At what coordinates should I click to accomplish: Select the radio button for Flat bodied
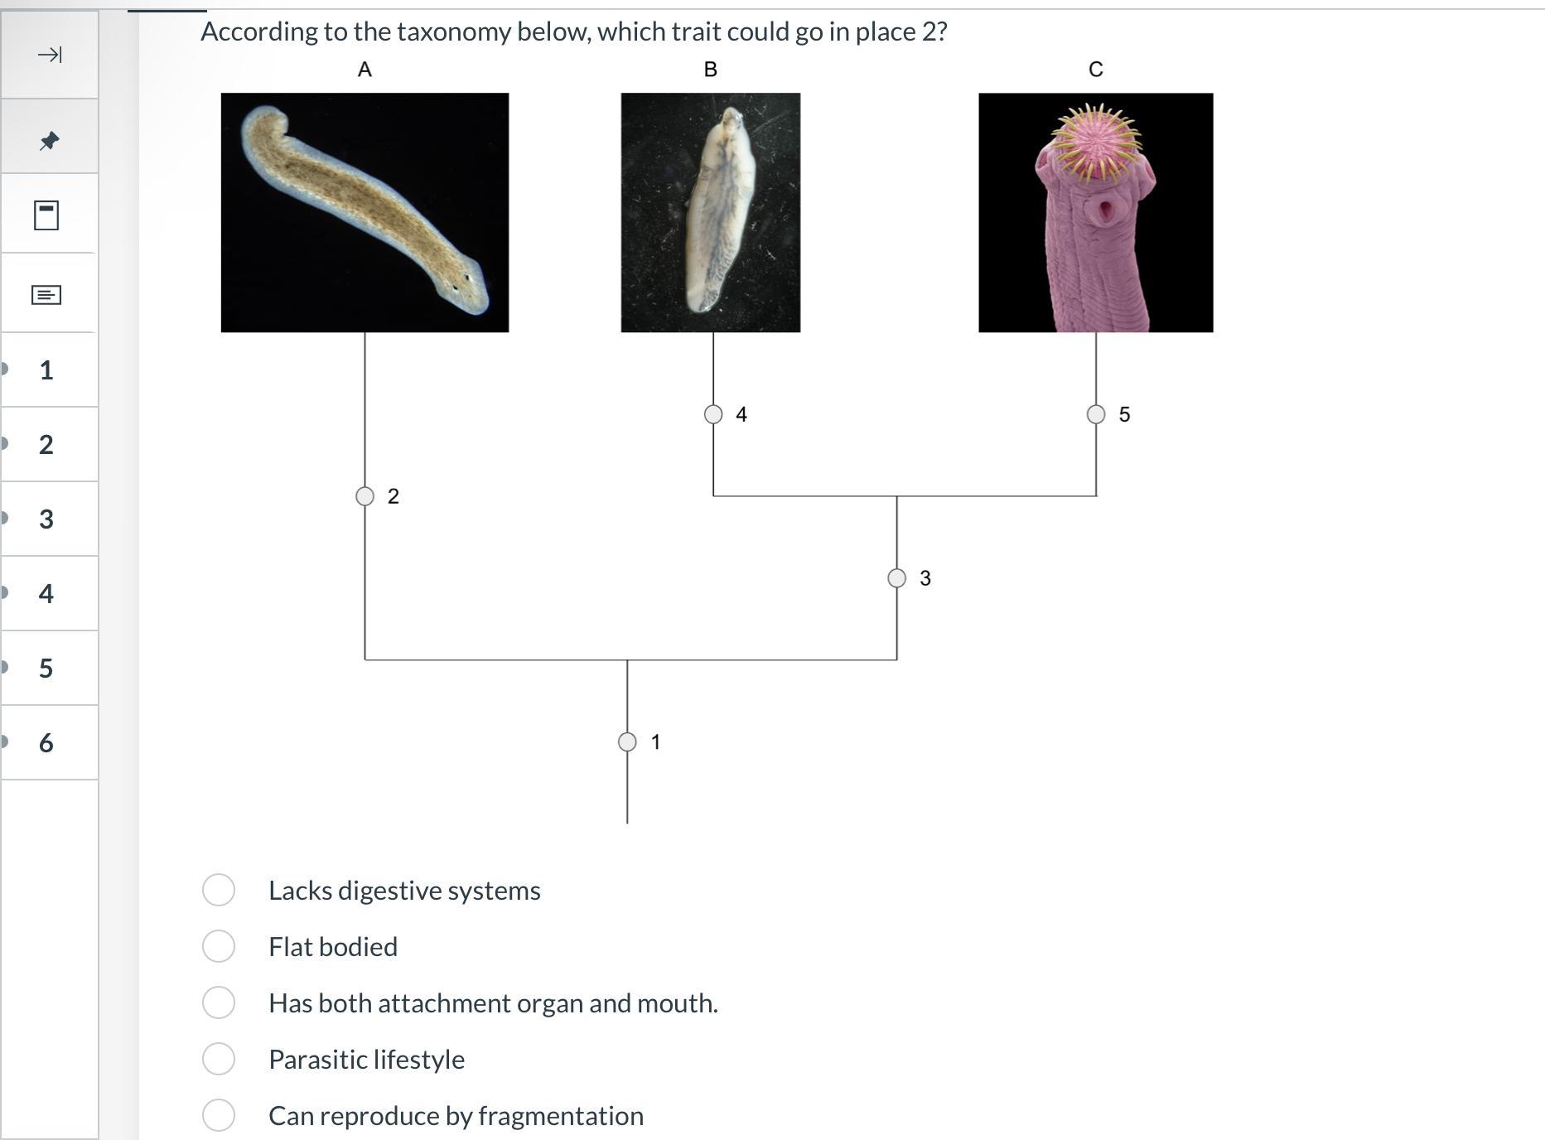pos(219,946)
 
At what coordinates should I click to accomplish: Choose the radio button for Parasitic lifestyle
pos(219,1059)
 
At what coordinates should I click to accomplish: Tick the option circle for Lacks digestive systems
pos(219,890)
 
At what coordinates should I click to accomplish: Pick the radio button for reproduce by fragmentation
pos(219,1115)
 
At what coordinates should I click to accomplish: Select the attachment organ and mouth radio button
pos(219,1002)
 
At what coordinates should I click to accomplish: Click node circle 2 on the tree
pos(365,496)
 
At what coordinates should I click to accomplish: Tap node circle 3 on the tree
pos(896,578)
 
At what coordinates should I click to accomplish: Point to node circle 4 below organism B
pos(713,414)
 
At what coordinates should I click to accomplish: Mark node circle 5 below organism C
pos(1096,414)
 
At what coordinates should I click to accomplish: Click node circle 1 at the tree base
pos(627,741)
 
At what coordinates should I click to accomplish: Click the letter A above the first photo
pos(365,70)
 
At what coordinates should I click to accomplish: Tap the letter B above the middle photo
pos(710,70)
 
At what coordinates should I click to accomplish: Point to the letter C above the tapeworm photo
pos(1095,70)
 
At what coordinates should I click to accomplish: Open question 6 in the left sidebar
pos(46,742)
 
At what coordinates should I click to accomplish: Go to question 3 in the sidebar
pos(46,519)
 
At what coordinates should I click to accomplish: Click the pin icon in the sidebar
pos(49,140)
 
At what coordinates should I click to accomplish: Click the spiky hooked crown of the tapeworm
pos(1095,142)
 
